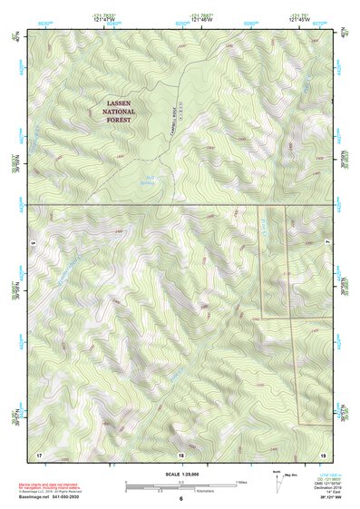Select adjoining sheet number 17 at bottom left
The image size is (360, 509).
[x=39, y=453]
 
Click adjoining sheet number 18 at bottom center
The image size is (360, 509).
[x=180, y=453]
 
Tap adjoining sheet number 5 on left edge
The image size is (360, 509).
[x=31, y=243]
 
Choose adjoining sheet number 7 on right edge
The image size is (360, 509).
[x=328, y=243]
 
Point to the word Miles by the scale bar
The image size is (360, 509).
[x=242, y=481]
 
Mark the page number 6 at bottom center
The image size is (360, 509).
[x=180, y=498]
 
